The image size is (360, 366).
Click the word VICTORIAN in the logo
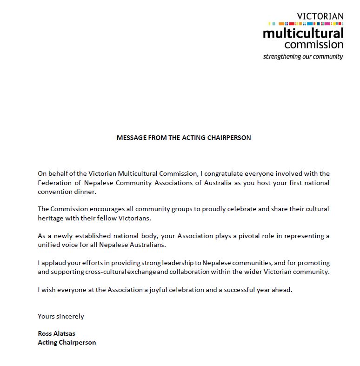point(320,16)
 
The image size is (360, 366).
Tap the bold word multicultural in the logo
point(303,33)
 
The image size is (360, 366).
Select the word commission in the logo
point(313,45)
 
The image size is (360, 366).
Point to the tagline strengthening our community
point(303,57)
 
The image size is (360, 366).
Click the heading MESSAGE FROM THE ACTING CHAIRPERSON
point(184,138)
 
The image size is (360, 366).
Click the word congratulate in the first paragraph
point(218,173)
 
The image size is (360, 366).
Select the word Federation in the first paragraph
point(54,182)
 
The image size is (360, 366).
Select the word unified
point(49,245)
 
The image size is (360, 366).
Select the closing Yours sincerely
point(61,316)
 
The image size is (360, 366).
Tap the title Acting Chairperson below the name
point(67,342)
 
